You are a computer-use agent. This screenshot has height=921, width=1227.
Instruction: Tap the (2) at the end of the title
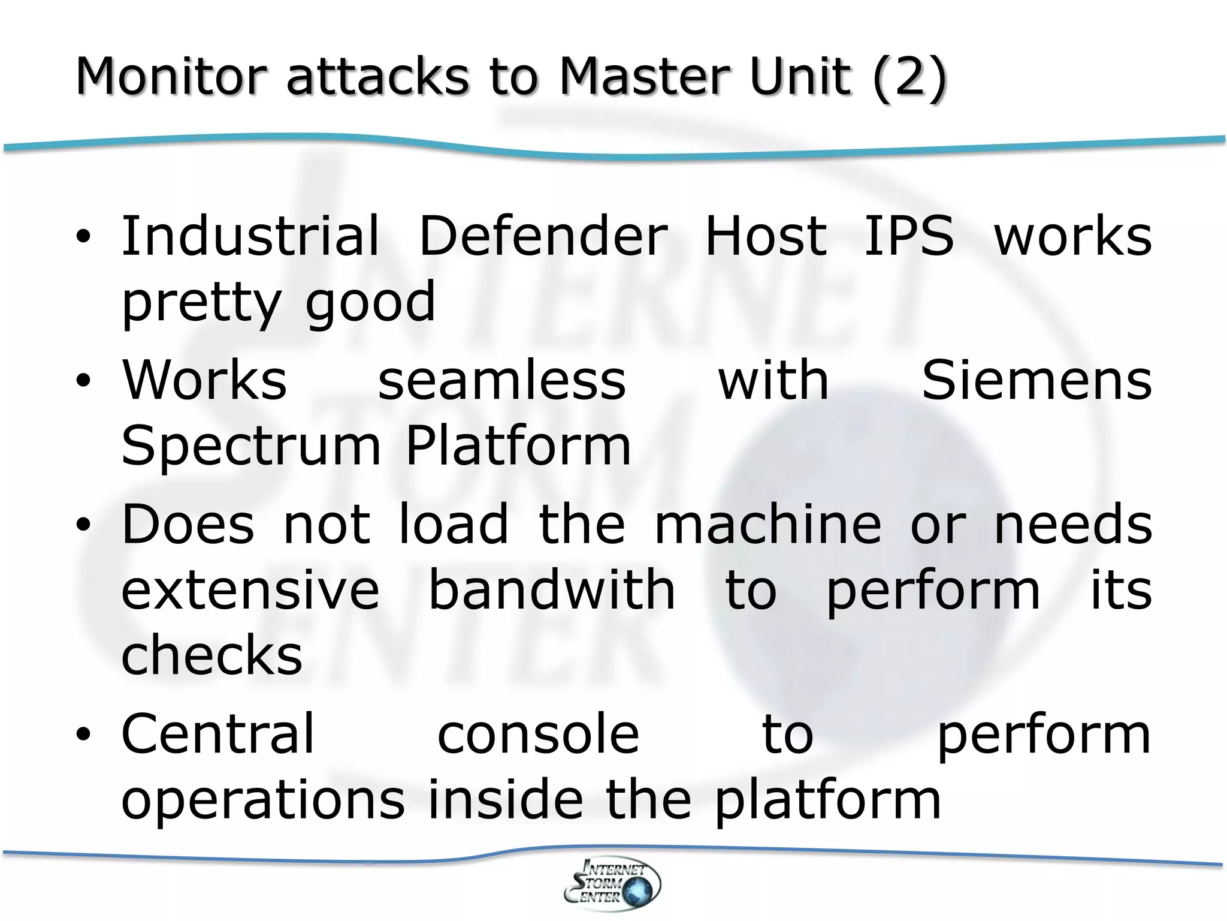tap(909, 76)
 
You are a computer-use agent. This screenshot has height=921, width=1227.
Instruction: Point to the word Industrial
tap(250, 236)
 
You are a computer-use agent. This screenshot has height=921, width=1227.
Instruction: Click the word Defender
tap(543, 236)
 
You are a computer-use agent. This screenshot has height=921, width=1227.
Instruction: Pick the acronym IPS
tap(908, 236)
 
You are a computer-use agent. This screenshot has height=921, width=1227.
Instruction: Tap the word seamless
tap(502, 381)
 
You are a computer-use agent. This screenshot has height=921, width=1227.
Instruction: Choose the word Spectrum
tap(251, 447)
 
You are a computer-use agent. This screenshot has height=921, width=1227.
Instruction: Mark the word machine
tap(768, 525)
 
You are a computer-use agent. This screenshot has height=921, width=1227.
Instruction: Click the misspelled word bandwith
tap(552, 591)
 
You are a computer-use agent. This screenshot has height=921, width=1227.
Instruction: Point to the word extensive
tap(250, 591)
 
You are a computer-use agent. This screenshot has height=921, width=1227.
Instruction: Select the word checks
tap(212, 655)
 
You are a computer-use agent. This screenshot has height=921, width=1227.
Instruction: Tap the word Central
tap(218, 735)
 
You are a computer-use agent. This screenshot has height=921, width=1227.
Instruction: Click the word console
tap(539, 735)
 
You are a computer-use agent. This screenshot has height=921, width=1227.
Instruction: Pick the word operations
tap(263, 800)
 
